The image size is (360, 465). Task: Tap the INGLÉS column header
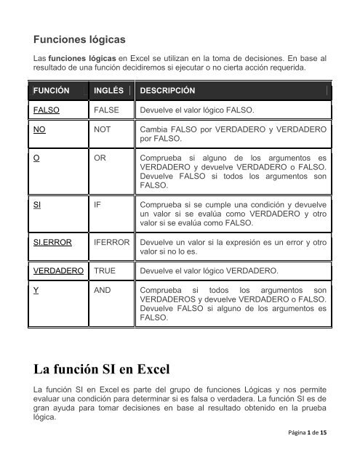[108, 92]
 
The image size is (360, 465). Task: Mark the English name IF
[97, 205]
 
